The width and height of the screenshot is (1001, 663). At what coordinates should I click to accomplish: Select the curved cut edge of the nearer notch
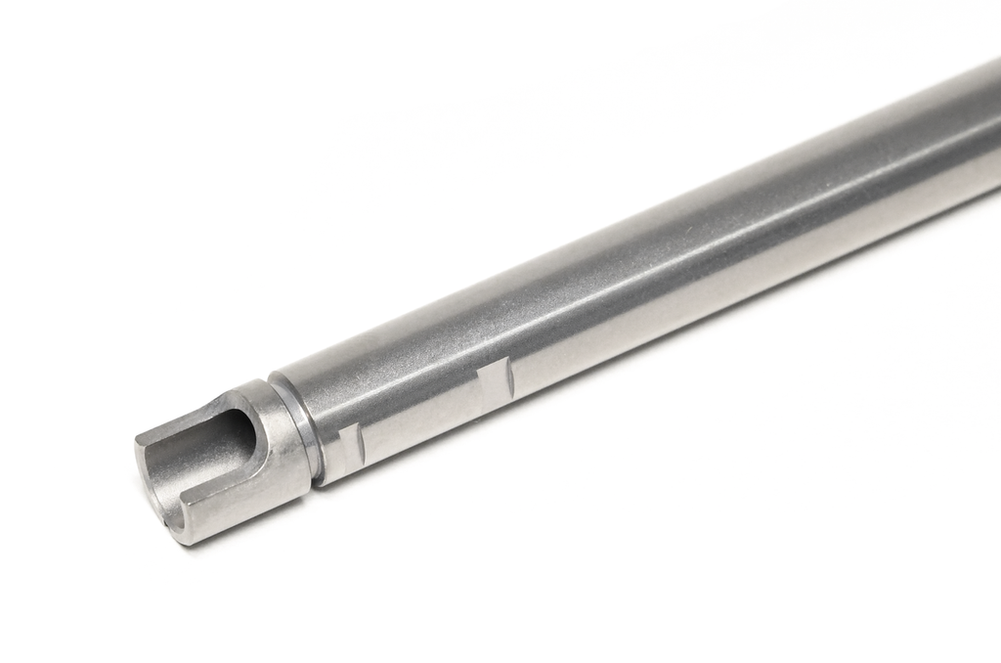pos(362,445)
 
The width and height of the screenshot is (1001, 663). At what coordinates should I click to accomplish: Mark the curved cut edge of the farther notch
pos(509,376)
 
